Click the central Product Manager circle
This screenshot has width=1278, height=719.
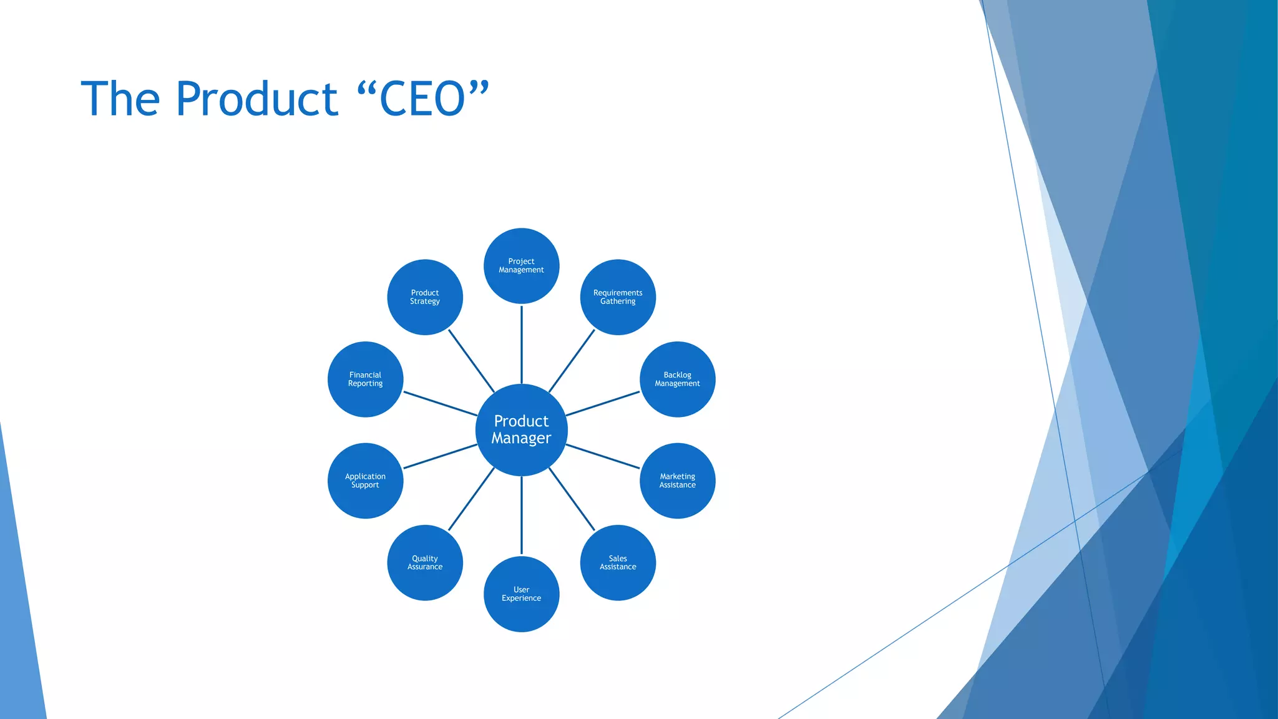[x=521, y=429]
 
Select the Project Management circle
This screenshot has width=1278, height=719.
[x=521, y=266]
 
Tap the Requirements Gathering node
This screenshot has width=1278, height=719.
[x=618, y=297]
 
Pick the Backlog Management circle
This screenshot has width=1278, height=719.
[x=677, y=379]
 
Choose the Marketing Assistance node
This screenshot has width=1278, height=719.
[x=677, y=481]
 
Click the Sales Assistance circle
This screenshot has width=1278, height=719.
[x=618, y=562]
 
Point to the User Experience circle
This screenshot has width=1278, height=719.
[x=521, y=594]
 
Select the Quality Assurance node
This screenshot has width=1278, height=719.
[x=425, y=562]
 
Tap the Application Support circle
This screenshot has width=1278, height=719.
[x=365, y=481]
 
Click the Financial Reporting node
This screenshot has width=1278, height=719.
[x=365, y=379]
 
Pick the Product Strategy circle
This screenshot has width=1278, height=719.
[x=425, y=297]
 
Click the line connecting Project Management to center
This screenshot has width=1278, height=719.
[x=521, y=344]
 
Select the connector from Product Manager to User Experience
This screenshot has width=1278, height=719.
[x=521, y=516]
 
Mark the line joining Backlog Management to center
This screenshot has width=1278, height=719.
[x=603, y=404]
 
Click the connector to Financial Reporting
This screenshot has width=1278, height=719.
[x=440, y=404]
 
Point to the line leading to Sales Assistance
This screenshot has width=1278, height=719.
[x=572, y=499]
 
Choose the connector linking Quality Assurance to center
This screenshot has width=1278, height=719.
[x=471, y=499]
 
